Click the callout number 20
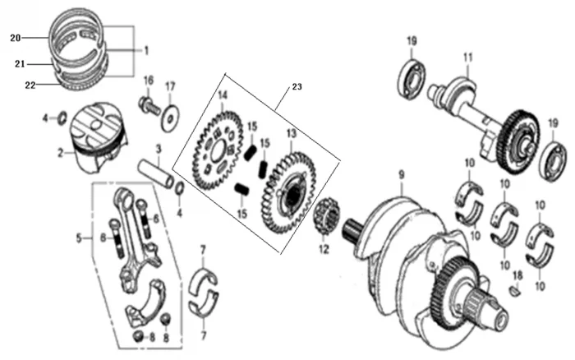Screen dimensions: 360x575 point(14,38)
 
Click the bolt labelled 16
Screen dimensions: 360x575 point(149,105)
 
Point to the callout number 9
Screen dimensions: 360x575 point(402,174)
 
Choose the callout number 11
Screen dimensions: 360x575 point(468,57)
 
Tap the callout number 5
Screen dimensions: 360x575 point(80,239)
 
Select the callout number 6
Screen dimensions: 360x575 point(156,219)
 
